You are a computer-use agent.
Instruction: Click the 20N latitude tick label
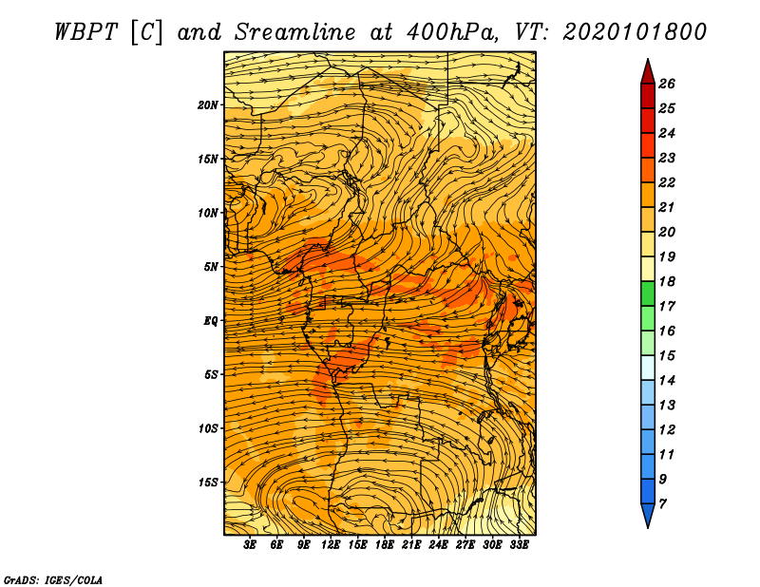pyautogui.click(x=208, y=105)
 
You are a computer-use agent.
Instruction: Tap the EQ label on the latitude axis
pyautogui.click(x=211, y=321)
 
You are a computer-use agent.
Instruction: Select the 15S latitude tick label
pyautogui.click(x=208, y=483)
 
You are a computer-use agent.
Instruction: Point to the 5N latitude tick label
pyautogui.click(x=211, y=267)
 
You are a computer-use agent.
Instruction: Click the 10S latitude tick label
pyautogui.click(x=208, y=428)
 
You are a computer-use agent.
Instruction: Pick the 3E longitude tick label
pyautogui.click(x=250, y=545)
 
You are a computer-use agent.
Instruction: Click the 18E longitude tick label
pyautogui.click(x=385, y=545)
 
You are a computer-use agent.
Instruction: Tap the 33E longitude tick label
pyautogui.click(x=519, y=545)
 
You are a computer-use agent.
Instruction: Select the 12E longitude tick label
pyautogui.click(x=331, y=545)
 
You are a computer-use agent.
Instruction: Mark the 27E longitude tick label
pyautogui.click(x=465, y=545)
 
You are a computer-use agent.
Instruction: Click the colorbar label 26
pyautogui.click(x=667, y=84)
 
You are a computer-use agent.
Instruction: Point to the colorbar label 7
pyautogui.click(x=662, y=503)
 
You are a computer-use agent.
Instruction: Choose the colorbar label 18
pyautogui.click(x=667, y=281)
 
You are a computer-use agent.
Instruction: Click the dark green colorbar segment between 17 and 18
pyautogui.click(x=648, y=293)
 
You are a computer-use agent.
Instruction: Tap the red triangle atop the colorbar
pyautogui.click(x=648, y=72)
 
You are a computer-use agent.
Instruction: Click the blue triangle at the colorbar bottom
pyautogui.click(x=648, y=515)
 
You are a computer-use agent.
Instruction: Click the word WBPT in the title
pyautogui.click(x=85, y=32)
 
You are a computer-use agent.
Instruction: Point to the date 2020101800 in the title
pyautogui.click(x=635, y=32)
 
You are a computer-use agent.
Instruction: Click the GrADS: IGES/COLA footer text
pyautogui.click(x=53, y=580)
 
